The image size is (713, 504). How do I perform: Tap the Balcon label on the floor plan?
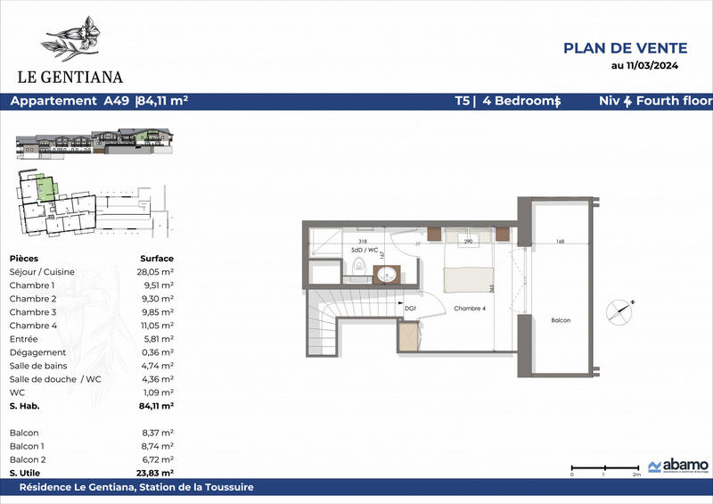coord(560,320)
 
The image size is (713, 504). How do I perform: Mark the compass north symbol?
coord(621,311)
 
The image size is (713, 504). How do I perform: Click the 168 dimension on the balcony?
coord(560,241)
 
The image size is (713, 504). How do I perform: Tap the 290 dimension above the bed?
coord(468,242)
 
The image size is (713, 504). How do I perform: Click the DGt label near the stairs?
coord(410,308)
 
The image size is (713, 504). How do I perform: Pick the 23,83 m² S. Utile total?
coord(156,472)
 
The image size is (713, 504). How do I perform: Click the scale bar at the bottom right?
coord(603,467)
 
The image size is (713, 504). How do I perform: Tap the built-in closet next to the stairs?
coord(408,337)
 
